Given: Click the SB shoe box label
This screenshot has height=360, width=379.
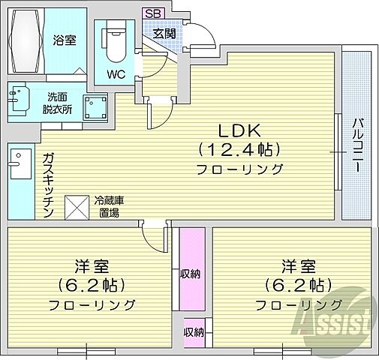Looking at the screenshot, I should pyautogui.click(x=153, y=13).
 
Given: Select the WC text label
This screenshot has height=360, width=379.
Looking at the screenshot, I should pyautogui.click(x=115, y=73).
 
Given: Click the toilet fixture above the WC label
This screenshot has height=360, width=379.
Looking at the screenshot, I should pyautogui.click(x=115, y=41).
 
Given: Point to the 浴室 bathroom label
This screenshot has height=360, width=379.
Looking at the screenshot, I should pyautogui.click(x=64, y=40).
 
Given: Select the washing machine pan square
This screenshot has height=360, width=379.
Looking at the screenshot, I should pyautogui.click(x=95, y=109).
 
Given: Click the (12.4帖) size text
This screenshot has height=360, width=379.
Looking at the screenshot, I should pyautogui.click(x=239, y=148).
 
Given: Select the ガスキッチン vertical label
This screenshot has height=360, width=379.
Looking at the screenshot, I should pyautogui.click(x=48, y=184).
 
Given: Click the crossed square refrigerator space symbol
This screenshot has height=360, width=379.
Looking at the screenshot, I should pyautogui.click(x=77, y=206).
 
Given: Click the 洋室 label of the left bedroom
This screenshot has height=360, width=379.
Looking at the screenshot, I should pyautogui.click(x=92, y=266).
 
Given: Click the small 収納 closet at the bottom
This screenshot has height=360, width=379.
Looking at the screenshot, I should pyautogui.click(x=193, y=331).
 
